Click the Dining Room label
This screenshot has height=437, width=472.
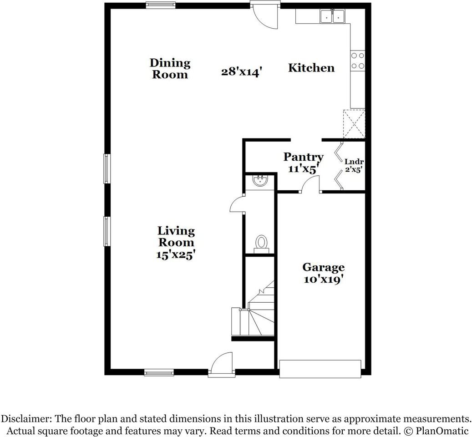coord(170,68)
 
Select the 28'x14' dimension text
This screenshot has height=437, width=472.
coord(242,71)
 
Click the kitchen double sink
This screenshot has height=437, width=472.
coord(333,16)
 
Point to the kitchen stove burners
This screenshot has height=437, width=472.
coord(357,61)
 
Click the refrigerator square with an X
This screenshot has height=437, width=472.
coord(354,124)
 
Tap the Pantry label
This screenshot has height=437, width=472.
coord(304,157)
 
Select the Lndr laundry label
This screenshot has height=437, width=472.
coord(354,162)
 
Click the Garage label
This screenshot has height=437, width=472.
coord(323,267)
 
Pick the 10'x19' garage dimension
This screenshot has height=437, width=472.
coord(323,279)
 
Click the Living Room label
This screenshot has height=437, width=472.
coord(176,237)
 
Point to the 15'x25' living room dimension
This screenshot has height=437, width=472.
coord(176,255)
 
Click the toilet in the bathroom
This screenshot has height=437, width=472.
coord(261,242)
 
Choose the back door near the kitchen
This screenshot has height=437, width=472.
coord(265,15)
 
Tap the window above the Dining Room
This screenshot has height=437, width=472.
coord(160,5)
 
